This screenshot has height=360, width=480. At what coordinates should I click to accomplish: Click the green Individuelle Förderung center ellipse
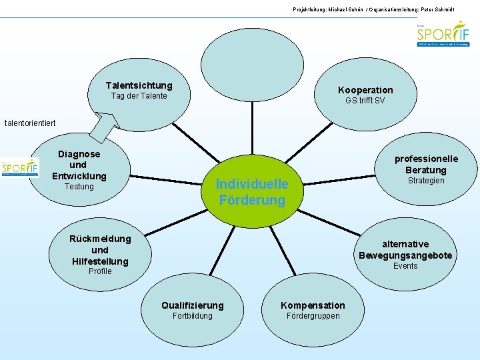click(252, 191)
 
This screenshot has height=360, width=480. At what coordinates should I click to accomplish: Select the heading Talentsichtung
click(139, 85)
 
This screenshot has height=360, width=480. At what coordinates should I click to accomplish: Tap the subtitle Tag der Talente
click(139, 97)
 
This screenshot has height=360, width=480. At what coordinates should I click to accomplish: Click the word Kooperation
click(365, 90)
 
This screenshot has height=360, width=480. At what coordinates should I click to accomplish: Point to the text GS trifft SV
click(365, 101)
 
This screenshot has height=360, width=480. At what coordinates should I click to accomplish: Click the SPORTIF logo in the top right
click(443, 34)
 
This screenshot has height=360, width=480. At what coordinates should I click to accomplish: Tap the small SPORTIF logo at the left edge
click(19, 168)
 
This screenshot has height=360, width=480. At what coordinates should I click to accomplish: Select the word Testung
click(79, 187)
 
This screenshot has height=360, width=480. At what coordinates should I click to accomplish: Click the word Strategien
click(426, 181)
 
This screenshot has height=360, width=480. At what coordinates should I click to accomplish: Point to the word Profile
click(100, 271)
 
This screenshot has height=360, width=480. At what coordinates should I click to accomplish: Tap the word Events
click(405, 266)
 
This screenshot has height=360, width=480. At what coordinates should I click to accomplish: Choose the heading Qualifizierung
click(193, 305)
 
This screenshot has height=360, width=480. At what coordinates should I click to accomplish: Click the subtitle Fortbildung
click(193, 316)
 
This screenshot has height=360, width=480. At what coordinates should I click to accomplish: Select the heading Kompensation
click(313, 305)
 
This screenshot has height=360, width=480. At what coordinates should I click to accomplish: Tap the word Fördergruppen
click(313, 316)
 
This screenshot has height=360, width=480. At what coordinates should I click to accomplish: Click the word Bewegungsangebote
click(405, 255)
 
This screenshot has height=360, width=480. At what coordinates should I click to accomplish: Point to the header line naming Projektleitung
click(383, 8)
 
